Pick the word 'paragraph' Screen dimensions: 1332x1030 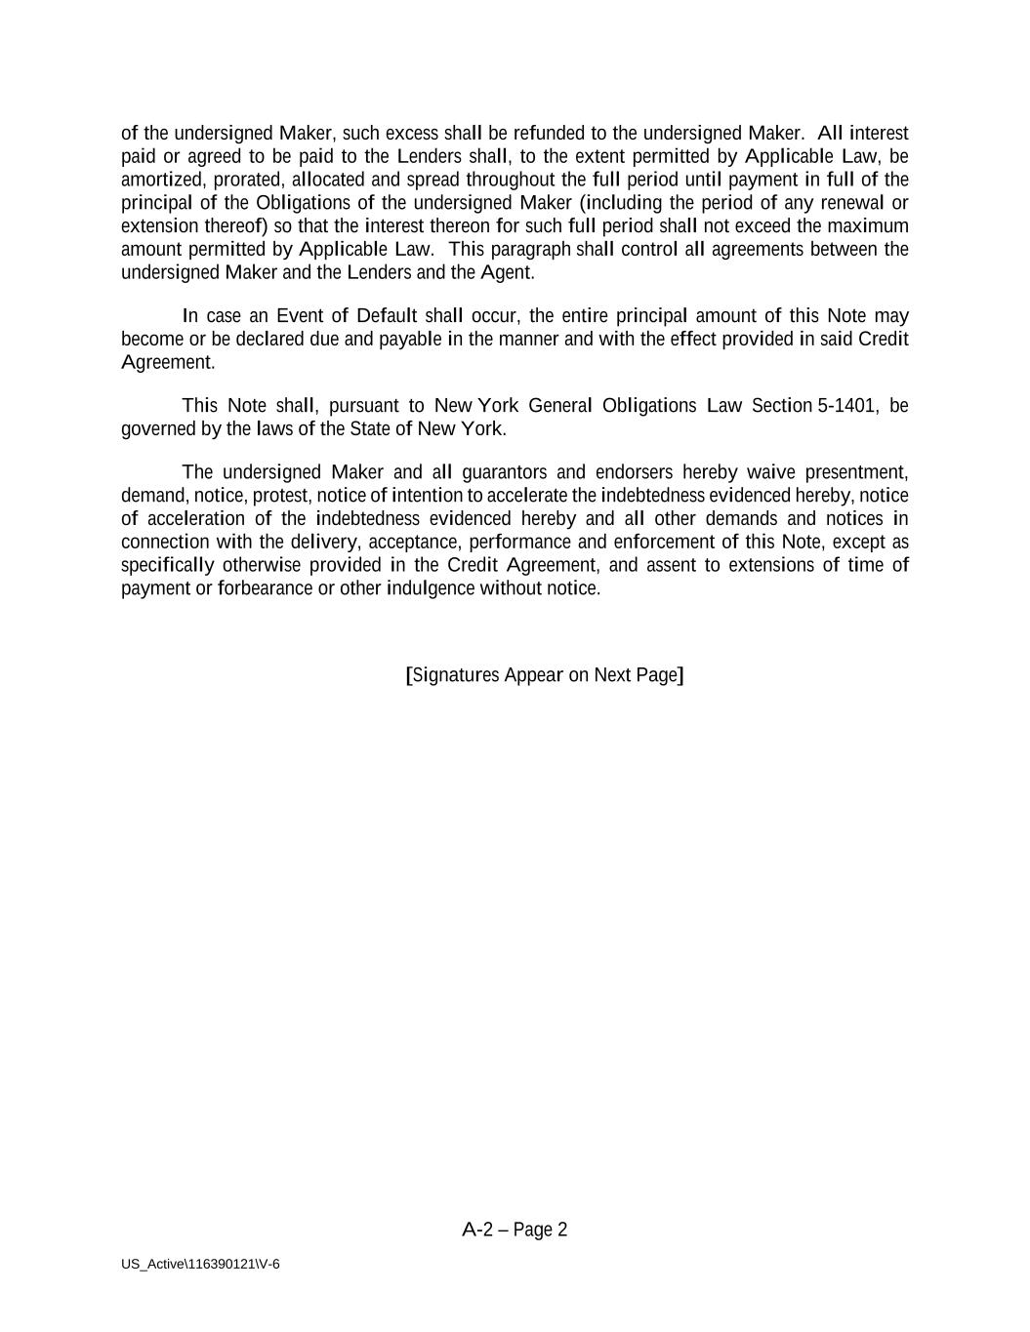coord(529,250)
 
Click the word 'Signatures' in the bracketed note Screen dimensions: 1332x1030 coord(455,675)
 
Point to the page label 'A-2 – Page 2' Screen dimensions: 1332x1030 coord(515,1230)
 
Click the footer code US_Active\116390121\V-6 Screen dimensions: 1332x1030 coord(200,1265)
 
